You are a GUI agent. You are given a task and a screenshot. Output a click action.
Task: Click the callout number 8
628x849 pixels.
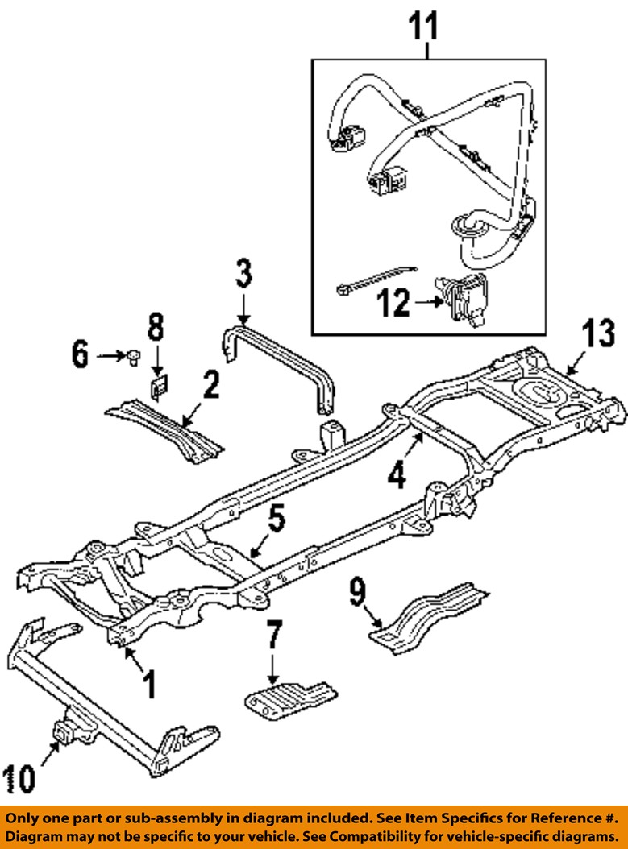point(155,329)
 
